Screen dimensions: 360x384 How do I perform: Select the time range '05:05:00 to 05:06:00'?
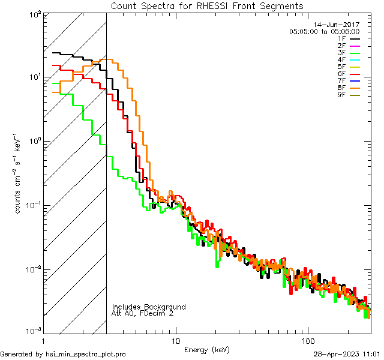click(x=324, y=31)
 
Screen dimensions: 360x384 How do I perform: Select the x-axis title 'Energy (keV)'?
click(x=207, y=350)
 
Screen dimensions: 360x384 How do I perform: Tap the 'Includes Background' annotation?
click(x=149, y=307)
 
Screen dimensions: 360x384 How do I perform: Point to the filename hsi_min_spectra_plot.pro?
click(x=86, y=355)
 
